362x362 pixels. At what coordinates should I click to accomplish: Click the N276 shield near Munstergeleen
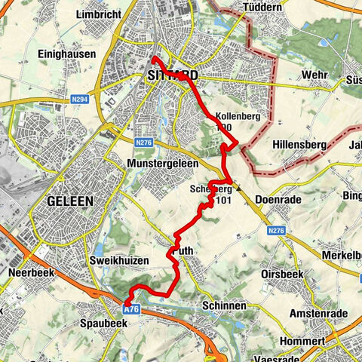click(x=144, y=141)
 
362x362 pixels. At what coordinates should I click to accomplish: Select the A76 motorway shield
click(x=132, y=308)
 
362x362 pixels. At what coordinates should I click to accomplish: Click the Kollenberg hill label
click(x=238, y=117)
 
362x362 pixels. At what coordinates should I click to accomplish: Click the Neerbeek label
click(x=29, y=270)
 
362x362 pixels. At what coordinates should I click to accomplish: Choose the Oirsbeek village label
click(x=283, y=274)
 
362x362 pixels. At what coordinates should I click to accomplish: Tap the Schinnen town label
click(x=222, y=306)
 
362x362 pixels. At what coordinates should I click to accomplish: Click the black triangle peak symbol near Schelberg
click(x=238, y=190)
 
